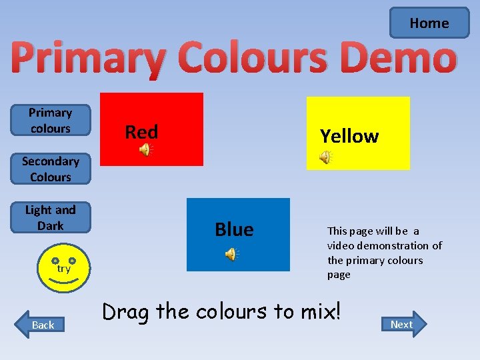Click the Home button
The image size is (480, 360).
coord(429,23)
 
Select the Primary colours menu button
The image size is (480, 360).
coord(50,121)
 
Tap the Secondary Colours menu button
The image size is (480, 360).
coord(50,169)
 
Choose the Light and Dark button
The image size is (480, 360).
coord(50,218)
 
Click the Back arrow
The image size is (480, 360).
coord(41,325)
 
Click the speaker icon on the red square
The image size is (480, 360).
coord(145,151)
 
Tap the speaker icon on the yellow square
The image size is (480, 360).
coord(325,157)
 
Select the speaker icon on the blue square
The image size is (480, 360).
coord(231,254)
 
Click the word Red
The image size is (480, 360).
coord(141,132)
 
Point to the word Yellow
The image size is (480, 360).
coord(349,136)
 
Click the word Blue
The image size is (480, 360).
coord(234,229)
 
